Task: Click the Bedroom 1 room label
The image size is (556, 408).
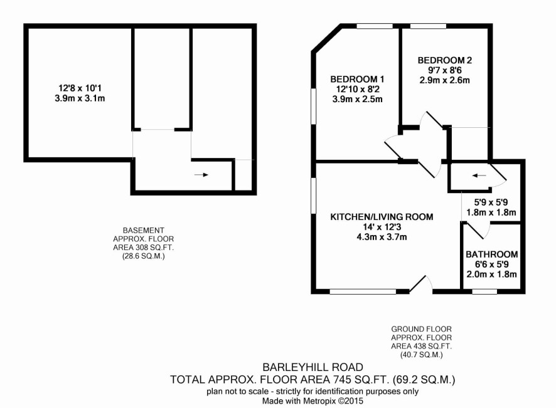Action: click(357, 79)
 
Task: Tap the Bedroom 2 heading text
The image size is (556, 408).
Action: click(445, 60)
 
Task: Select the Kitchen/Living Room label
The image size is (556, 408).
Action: click(382, 217)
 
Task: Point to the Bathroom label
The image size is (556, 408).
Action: click(491, 254)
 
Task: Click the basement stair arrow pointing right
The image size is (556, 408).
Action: click(201, 175)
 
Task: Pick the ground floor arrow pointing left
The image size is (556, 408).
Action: click(479, 175)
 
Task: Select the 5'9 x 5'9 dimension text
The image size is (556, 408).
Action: click(491, 202)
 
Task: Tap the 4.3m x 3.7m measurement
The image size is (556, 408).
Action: click(382, 237)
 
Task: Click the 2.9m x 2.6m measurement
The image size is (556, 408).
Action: click(445, 80)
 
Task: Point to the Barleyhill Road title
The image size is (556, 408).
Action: click(313, 367)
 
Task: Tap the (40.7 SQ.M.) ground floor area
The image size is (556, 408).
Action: click(421, 355)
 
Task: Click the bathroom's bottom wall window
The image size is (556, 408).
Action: click(484, 291)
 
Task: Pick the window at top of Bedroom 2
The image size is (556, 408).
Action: click(428, 26)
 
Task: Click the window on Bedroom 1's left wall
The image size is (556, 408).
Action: click(314, 105)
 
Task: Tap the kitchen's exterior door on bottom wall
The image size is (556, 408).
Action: click(421, 285)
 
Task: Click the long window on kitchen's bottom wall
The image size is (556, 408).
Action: click(363, 291)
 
